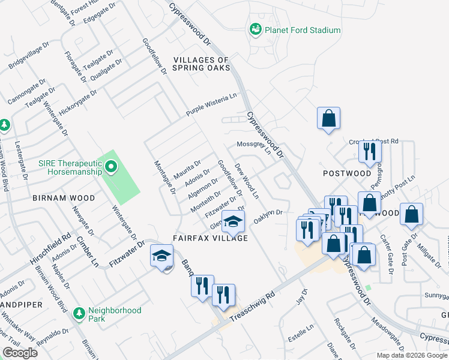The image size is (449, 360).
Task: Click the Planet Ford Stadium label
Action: (303, 30)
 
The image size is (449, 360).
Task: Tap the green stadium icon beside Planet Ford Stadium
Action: (256, 29)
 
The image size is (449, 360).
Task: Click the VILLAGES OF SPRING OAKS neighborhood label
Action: (202, 64)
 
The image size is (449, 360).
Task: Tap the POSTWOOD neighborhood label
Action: (347, 173)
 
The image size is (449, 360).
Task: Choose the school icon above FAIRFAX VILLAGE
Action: (233, 222)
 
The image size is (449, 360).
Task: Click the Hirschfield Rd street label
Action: (51, 250)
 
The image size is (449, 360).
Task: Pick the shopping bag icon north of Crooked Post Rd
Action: (329, 118)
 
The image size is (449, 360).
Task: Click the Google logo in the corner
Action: (19, 353)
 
